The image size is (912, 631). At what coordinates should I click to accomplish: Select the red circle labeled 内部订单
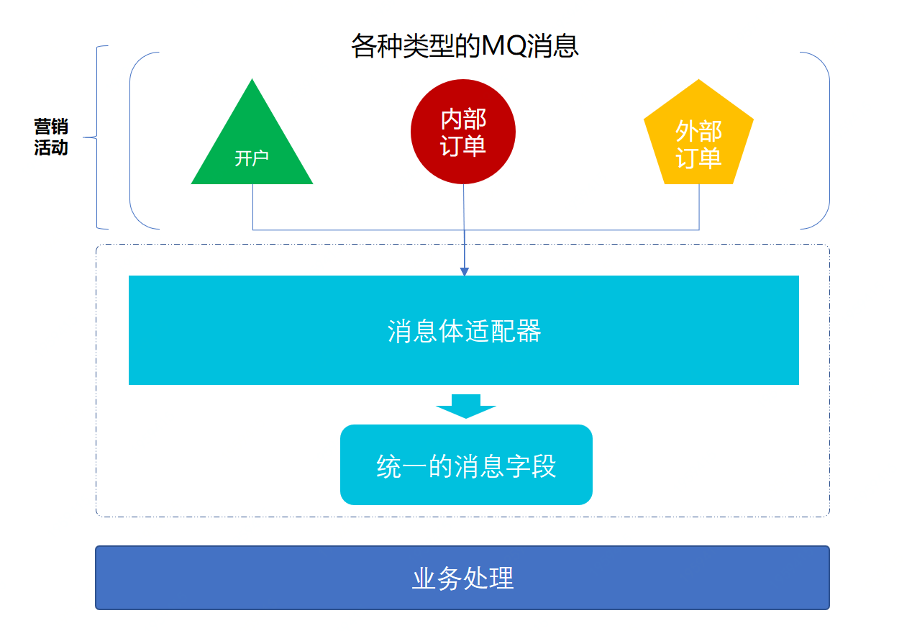pos(463,132)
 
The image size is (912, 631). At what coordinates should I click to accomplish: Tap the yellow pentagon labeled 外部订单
pos(698,137)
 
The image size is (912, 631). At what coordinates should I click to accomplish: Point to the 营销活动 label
pos(51,137)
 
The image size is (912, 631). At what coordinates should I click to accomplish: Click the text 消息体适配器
pos(464,331)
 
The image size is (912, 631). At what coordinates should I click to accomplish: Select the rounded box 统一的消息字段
pos(466,465)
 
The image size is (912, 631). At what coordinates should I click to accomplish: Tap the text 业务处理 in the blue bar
pos(462,578)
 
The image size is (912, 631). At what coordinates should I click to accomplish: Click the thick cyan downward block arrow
pos(466,406)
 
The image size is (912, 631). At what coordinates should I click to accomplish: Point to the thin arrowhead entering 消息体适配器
pos(464,271)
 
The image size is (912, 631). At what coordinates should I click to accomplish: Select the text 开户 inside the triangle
pos(252,158)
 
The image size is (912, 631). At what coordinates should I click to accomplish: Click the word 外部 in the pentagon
pos(698,131)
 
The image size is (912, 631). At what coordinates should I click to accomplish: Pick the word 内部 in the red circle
pos(463,119)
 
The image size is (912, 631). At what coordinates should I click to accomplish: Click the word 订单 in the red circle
pos(463,145)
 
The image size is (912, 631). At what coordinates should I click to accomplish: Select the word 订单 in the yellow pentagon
pos(698,158)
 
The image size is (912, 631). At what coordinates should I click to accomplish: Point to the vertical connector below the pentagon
pos(699,207)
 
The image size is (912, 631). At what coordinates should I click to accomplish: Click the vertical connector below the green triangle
pos(252,207)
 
